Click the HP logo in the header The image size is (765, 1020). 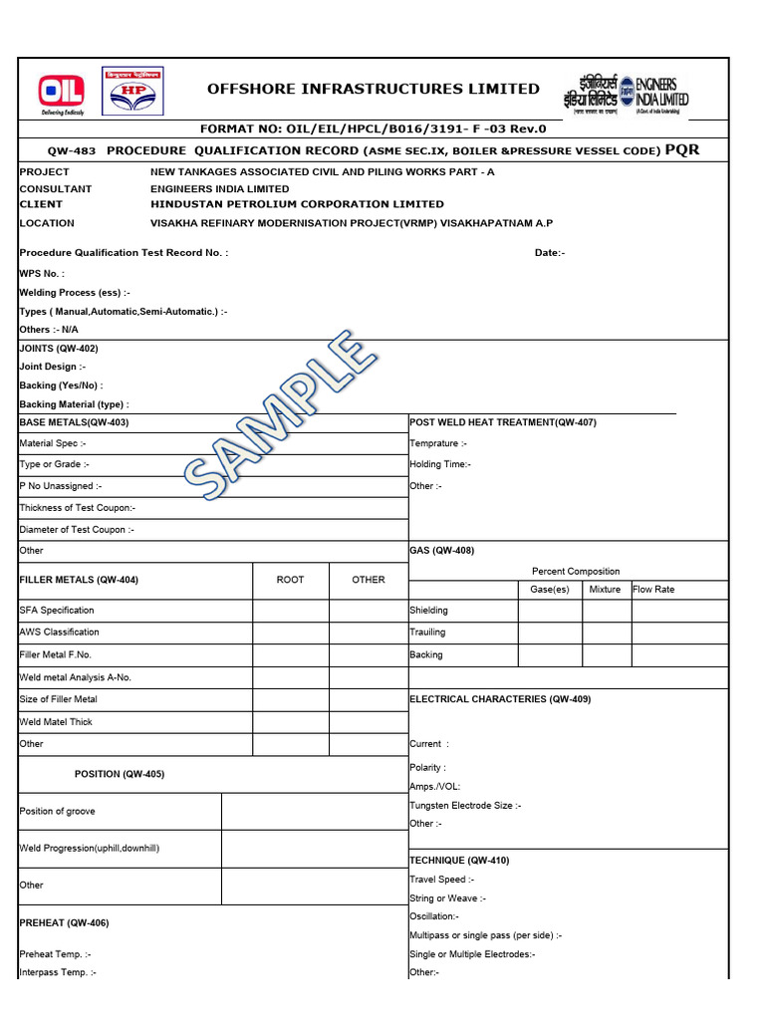(132, 91)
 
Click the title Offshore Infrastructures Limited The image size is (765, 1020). (374, 89)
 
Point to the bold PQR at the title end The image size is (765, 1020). (682, 150)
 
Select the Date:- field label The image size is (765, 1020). (550, 253)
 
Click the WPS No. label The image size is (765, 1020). (42, 273)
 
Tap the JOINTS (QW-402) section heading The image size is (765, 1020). (59, 349)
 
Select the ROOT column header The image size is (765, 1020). (290, 580)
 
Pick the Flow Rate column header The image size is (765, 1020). (653, 590)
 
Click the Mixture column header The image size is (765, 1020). (605, 590)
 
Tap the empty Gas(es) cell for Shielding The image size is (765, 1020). (550, 611)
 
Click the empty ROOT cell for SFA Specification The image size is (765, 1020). (290, 611)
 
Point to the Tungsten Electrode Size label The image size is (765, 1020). (464, 806)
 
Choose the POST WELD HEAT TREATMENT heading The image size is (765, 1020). (503, 422)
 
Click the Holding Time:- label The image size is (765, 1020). (440, 464)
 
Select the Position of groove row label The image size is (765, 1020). (58, 812)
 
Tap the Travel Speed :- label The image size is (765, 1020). (442, 880)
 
